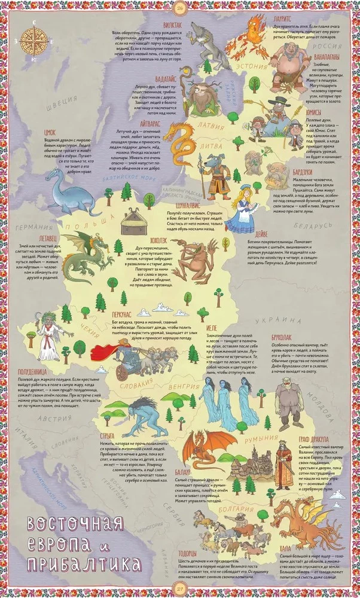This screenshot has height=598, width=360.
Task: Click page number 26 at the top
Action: pos(179,7)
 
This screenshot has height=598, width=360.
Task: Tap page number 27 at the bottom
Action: pos(179,590)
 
